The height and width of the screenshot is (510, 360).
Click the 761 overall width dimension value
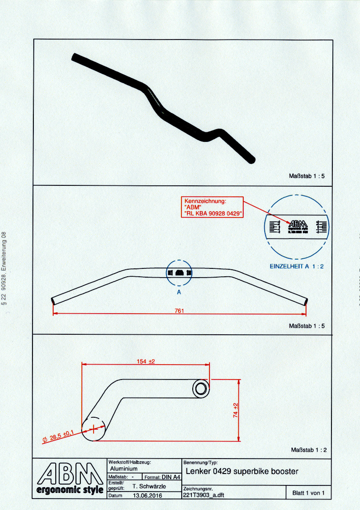[179, 311]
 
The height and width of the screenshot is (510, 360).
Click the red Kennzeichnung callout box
[212, 207]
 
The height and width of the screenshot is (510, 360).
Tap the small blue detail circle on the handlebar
[179, 273]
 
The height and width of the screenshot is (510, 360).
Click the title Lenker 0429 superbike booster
[242, 471]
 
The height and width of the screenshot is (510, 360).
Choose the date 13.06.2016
[147, 495]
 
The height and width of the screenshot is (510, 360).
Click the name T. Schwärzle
[149, 486]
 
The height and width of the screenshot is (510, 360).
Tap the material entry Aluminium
[124, 469]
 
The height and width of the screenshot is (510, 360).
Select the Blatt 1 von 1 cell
[308, 493]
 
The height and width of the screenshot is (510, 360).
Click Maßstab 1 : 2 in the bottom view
[309, 450]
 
